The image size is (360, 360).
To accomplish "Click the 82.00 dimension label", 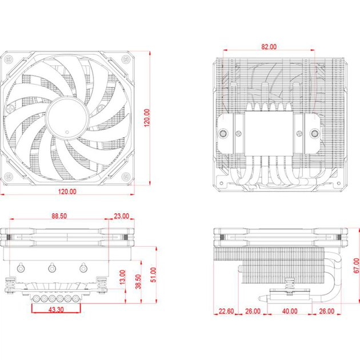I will tap(268, 46).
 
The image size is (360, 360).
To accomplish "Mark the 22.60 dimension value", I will tap(226, 312).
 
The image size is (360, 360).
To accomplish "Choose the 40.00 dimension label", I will tap(290, 312).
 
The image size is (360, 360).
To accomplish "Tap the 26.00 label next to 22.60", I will tap(253, 312).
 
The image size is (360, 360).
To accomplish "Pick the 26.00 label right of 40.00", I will tap(327, 312).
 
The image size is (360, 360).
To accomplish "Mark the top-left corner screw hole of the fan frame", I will tap(9, 59).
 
